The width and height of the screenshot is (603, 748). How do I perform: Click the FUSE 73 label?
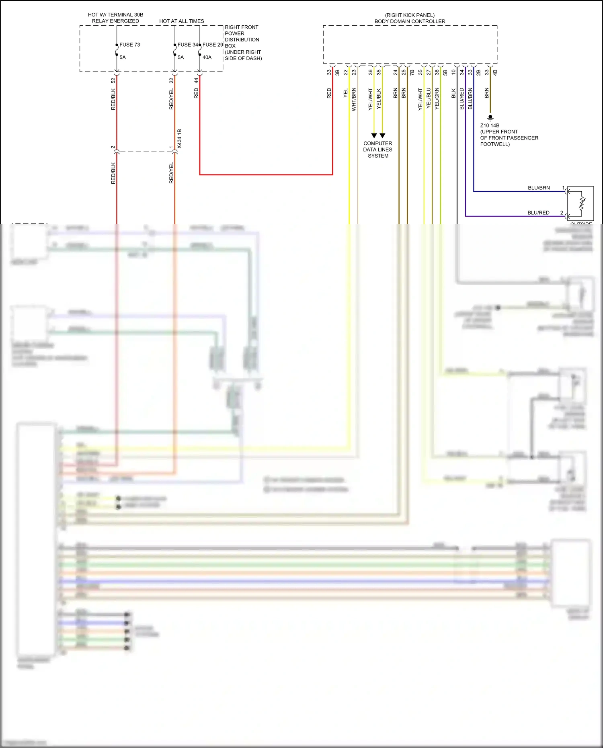[x=129, y=45]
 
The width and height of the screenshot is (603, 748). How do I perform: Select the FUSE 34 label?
[x=188, y=45]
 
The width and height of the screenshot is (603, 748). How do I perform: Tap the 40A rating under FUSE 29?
[x=207, y=57]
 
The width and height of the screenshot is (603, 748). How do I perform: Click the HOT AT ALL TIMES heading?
[x=182, y=21]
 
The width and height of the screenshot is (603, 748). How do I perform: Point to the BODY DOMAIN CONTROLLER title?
[x=410, y=21]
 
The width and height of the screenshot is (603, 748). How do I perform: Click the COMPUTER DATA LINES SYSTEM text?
[x=378, y=150]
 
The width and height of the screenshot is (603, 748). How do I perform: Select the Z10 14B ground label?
[x=490, y=125]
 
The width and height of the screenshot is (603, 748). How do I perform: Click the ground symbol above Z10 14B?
[x=490, y=118]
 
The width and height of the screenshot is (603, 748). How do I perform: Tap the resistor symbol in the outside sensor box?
[x=582, y=203]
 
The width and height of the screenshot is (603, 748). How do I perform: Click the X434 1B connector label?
[x=179, y=139]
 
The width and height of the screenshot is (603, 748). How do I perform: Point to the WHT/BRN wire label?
[x=354, y=99]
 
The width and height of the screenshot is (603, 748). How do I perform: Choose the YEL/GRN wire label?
[x=437, y=99]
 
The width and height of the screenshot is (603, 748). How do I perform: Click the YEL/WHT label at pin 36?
[x=370, y=99]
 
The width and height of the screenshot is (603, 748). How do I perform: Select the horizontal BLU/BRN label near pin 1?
[x=539, y=188]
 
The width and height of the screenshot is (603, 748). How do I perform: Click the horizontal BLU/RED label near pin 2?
[x=538, y=213]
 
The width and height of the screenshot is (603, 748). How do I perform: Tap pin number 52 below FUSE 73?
[x=113, y=80]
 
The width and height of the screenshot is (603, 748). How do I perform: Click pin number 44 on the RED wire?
[x=196, y=80]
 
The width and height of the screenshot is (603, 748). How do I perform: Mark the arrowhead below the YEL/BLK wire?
[x=382, y=135]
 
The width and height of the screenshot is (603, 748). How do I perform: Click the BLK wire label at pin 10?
[x=453, y=93]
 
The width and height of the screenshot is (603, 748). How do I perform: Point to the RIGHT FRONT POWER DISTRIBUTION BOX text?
[x=243, y=43]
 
